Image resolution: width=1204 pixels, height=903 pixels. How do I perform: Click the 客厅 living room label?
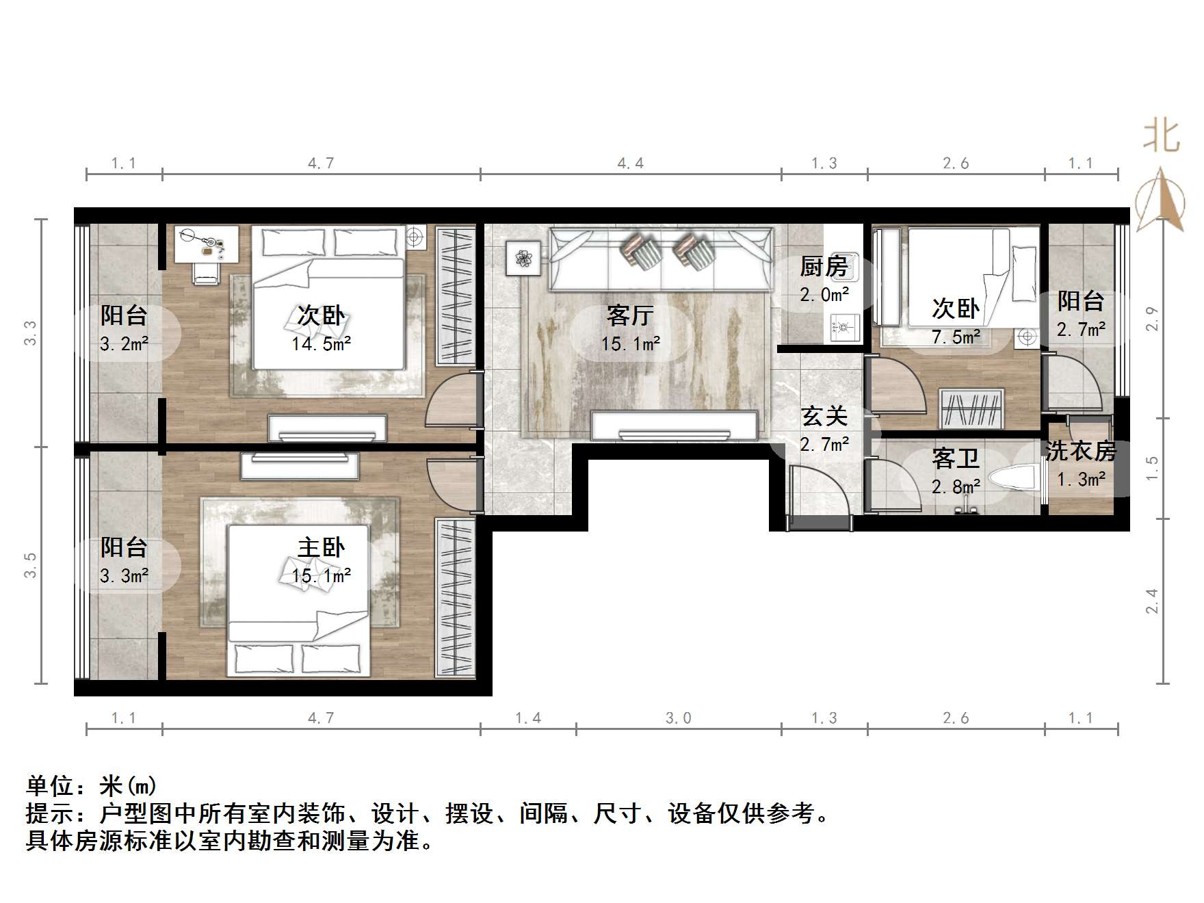pyautogui.click(x=630, y=316)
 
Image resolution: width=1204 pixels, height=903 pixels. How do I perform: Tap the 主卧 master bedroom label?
pyautogui.click(x=321, y=548)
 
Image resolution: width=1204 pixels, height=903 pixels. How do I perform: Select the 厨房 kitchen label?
pyautogui.click(x=824, y=267)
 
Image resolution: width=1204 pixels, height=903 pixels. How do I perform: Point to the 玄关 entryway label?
pyautogui.click(x=824, y=416)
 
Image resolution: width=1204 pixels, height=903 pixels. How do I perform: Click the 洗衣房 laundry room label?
pyautogui.click(x=1080, y=451)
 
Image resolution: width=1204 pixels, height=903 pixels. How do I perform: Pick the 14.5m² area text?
pyautogui.click(x=321, y=344)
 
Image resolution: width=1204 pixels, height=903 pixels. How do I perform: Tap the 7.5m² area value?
pyautogui.click(x=956, y=337)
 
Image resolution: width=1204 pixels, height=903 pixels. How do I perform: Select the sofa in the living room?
pyautogui.click(x=662, y=259)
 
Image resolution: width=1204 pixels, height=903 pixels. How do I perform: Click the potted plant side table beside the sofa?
pyautogui.click(x=523, y=259)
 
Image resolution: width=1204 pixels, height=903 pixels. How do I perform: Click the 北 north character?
pyautogui.click(x=1161, y=135)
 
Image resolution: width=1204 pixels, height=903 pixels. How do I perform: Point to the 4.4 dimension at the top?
pyautogui.click(x=630, y=163)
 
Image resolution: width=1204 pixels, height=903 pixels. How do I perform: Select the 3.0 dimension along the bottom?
pyautogui.click(x=678, y=718)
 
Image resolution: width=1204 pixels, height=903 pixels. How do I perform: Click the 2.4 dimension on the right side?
pyautogui.click(x=1152, y=601)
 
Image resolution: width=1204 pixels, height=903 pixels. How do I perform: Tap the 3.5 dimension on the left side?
pyautogui.click(x=30, y=565)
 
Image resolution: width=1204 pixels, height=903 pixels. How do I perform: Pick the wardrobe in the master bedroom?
pyautogui.click(x=455, y=599)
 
